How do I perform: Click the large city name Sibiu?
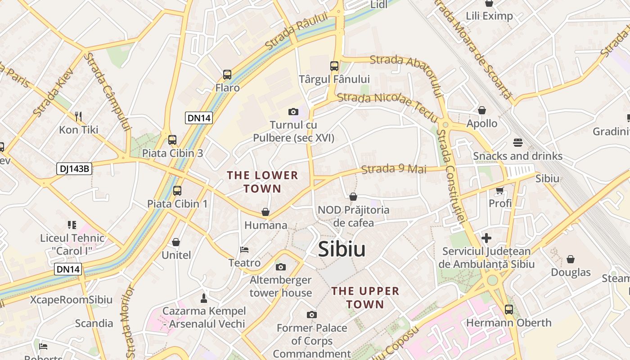click(x=342, y=249)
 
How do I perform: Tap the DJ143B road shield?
click(x=75, y=169)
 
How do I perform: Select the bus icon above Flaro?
click(x=227, y=75)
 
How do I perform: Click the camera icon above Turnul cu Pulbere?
click(x=293, y=112)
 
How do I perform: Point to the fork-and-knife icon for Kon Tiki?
click(x=79, y=117)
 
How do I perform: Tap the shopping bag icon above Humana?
click(x=265, y=211)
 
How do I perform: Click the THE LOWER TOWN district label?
click(x=262, y=182)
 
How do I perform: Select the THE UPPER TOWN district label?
click(x=365, y=297)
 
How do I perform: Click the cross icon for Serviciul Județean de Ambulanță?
click(x=486, y=238)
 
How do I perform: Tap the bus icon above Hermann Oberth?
click(x=508, y=310)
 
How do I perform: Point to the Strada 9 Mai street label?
click(x=394, y=169)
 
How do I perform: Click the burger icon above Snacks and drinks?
click(x=517, y=143)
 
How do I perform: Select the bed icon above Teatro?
click(x=244, y=249)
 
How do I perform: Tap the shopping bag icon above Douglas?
click(x=571, y=259)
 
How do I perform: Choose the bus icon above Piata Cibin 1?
click(x=177, y=191)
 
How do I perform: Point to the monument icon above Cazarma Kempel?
click(x=204, y=298)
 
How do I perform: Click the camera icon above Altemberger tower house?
click(x=280, y=267)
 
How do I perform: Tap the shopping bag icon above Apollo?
click(x=482, y=110)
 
